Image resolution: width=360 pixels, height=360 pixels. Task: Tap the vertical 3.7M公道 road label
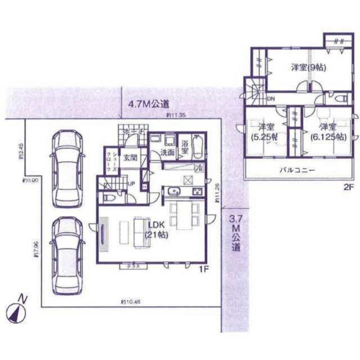click(x=236, y=232)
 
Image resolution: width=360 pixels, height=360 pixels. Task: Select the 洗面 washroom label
click(x=168, y=152)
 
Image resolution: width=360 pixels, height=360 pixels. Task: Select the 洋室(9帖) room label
click(x=308, y=67)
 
